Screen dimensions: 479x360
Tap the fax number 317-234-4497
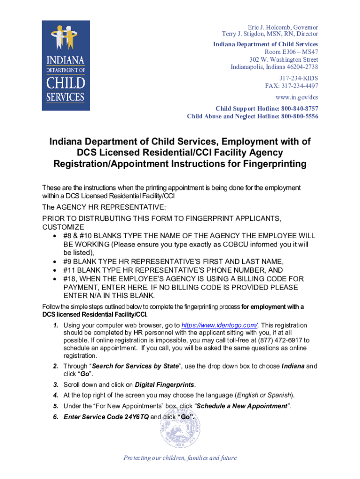point(302,86)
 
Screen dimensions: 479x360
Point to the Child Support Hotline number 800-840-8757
point(299,108)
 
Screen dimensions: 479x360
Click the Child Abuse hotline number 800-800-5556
point(299,116)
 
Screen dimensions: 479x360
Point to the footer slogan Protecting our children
point(180,458)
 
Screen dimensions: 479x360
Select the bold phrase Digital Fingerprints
point(165,385)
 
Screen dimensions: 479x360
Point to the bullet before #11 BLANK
point(56,270)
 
